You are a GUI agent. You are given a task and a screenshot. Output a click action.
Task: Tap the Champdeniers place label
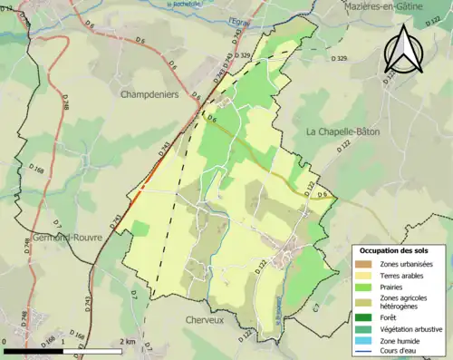tap(151, 93)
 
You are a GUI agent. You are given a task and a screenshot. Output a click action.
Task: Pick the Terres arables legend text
tap(405, 275)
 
